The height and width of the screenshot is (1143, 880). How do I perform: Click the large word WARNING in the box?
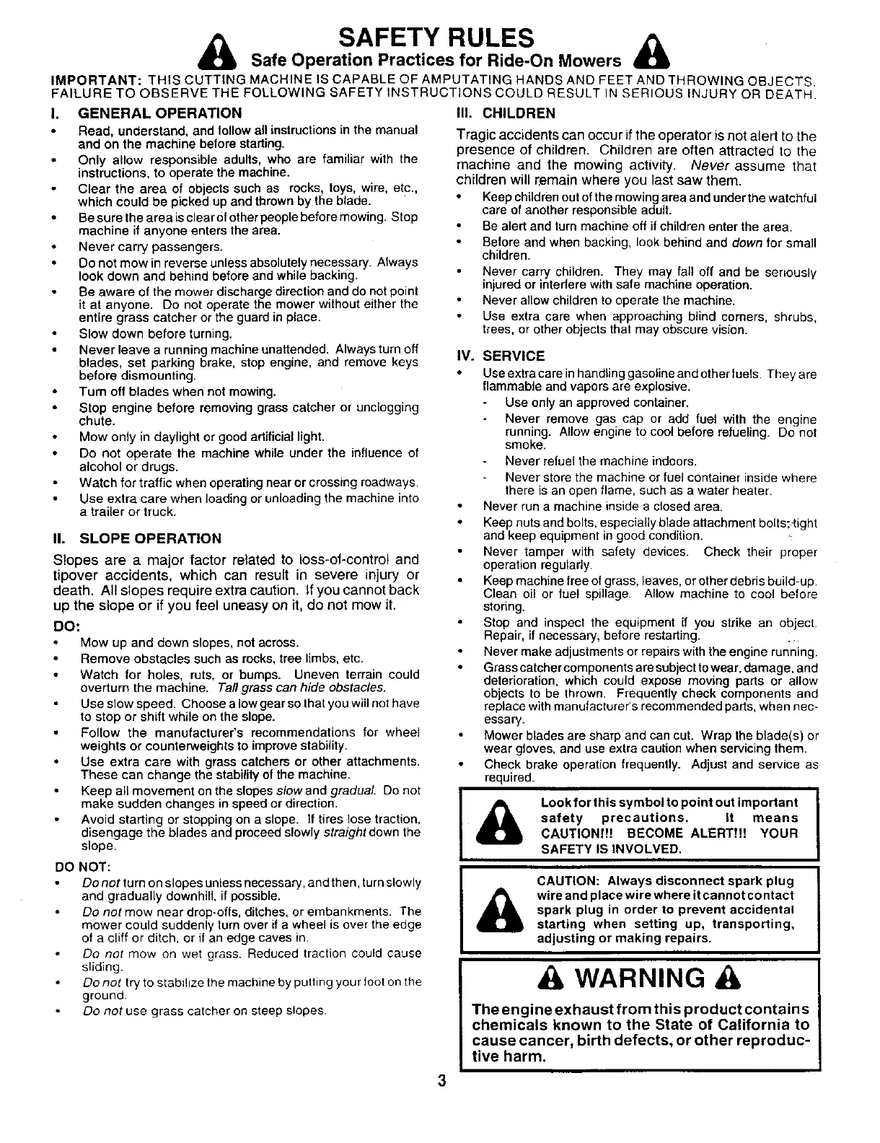635,978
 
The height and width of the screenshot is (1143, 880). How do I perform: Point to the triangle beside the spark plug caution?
498,911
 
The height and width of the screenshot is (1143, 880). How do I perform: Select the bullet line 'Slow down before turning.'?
156,334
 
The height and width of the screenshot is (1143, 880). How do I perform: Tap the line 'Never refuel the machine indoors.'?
601,461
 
